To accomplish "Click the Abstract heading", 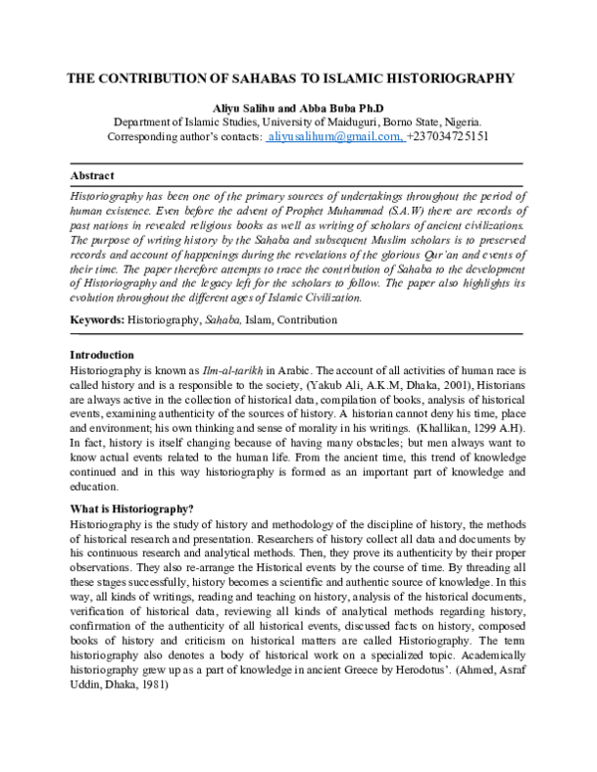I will click(92, 175).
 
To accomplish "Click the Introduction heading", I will click(101, 355).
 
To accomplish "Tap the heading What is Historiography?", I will click(131, 509).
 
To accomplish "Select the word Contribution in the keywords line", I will click(307, 320).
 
